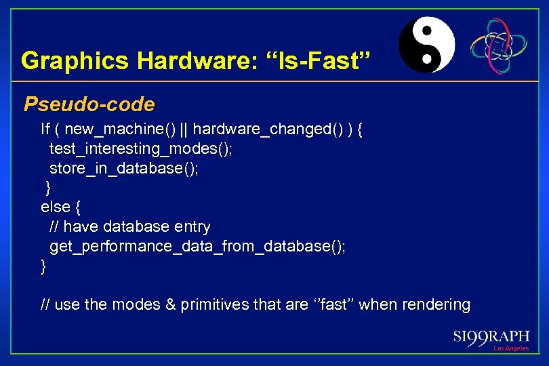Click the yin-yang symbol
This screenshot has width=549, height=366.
426,45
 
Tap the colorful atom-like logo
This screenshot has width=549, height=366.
499,45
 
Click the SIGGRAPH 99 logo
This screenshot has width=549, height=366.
492,336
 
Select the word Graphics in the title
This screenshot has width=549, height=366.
75,61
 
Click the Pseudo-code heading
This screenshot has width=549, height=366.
89,104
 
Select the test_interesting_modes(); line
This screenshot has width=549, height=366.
140,149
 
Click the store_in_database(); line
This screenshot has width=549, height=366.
124,168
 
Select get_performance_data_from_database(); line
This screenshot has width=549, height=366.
197,246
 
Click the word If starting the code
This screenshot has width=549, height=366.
45,129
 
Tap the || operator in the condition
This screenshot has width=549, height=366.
186,129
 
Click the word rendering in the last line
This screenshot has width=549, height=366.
436,305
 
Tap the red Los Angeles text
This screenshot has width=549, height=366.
510,348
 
